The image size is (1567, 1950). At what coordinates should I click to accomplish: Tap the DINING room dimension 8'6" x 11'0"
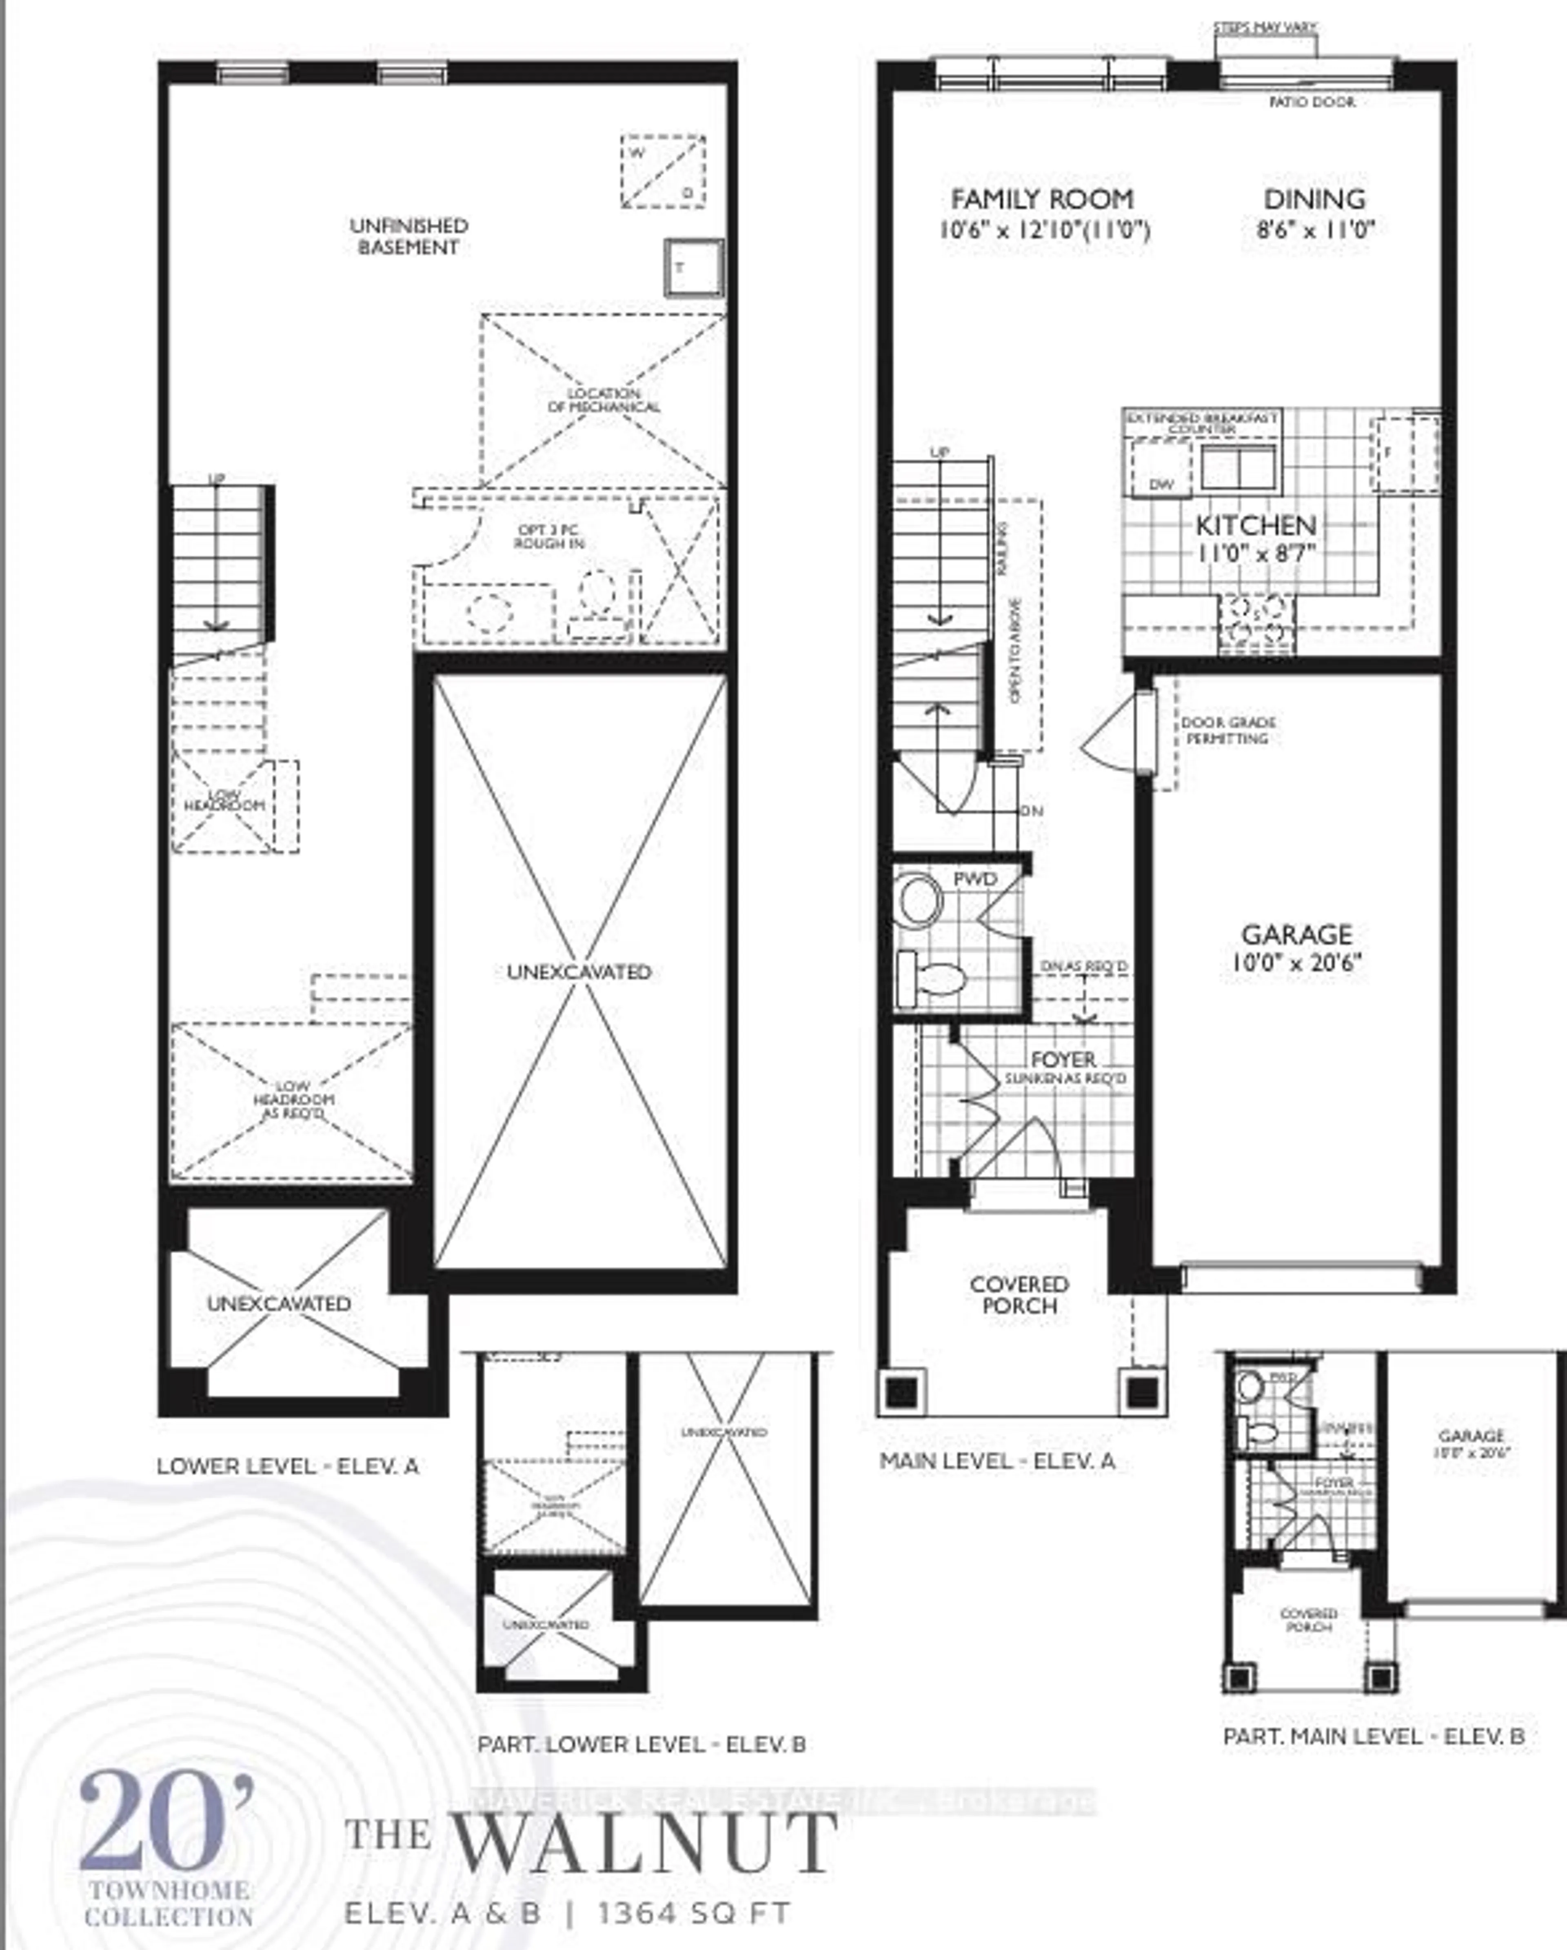point(1315,230)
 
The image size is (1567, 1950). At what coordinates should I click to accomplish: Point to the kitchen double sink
point(1238,467)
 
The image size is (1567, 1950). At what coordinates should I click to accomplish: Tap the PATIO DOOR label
point(1312,102)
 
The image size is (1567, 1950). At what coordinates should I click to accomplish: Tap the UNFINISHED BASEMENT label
point(409,236)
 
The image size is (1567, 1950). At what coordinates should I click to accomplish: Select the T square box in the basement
point(694,268)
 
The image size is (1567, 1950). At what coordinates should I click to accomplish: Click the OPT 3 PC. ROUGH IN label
point(549,536)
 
